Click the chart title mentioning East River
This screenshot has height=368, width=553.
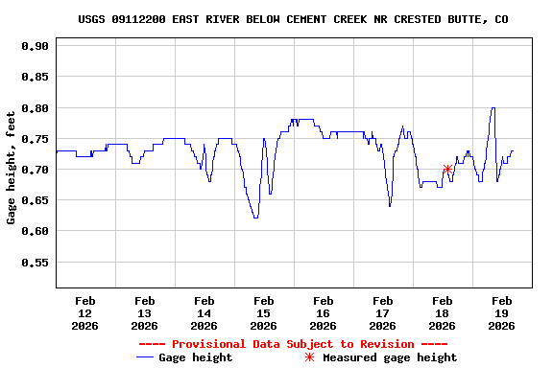coord(294,19)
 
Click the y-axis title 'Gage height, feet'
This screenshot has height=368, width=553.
coord(12,167)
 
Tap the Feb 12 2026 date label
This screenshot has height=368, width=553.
coord(84,312)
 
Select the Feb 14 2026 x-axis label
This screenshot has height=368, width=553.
coord(204,312)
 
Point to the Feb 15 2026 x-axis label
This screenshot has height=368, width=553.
coord(263,312)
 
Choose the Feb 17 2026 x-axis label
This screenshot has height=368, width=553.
coord(382,312)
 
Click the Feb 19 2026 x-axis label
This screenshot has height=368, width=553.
coord(501,312)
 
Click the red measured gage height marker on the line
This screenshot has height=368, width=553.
coord(447,170)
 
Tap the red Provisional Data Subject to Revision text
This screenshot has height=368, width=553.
coord(294,344)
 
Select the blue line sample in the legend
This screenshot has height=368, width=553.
coord(145,357)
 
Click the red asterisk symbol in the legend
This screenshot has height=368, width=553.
coord(309,357)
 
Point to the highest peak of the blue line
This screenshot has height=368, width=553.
coord(493,108)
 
